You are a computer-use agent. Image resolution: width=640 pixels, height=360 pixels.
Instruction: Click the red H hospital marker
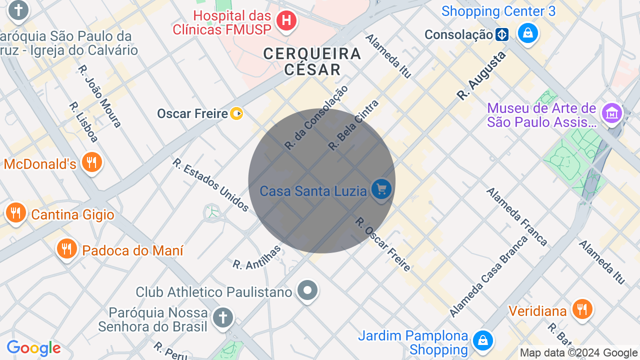click(286, 20)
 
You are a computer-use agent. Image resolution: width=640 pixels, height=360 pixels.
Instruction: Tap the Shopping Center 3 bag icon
click(527, 33)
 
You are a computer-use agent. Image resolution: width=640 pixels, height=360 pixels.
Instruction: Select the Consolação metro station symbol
click(502, 34)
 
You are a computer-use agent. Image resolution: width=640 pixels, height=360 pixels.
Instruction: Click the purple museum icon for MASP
click(611, 114)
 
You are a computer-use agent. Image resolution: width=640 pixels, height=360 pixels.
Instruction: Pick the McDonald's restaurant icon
click(91, 162)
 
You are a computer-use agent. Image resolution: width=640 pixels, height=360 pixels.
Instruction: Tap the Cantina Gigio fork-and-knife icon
click(16, 213)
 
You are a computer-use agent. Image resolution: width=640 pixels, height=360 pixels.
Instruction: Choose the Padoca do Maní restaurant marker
click(66, 248)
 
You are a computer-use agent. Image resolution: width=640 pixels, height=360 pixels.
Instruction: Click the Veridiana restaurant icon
click(581, 309)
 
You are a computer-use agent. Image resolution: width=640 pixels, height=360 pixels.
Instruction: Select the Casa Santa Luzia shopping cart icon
click(381, 189)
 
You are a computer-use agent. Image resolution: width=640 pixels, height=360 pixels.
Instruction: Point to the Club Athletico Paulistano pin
click(307, 290)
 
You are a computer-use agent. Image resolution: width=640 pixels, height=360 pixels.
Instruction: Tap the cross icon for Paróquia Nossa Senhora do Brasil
click(223, 317)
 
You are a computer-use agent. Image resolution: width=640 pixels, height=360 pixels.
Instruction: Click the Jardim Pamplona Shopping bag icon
click(482, 341)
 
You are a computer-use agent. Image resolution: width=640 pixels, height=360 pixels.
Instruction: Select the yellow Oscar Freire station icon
click(236, 114)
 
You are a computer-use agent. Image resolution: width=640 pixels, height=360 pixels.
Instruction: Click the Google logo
click(33, 348)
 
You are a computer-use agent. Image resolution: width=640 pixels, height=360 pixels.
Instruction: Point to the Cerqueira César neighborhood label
click(312, 61)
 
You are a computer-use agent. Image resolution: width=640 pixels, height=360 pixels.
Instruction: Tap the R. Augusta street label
click(481, 75)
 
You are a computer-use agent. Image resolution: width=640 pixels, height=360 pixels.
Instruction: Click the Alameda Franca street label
click(517, 216)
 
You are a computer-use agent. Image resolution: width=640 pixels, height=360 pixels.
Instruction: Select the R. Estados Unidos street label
click(210, 184)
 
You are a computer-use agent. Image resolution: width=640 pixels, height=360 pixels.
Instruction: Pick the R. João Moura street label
click(100, 96)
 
